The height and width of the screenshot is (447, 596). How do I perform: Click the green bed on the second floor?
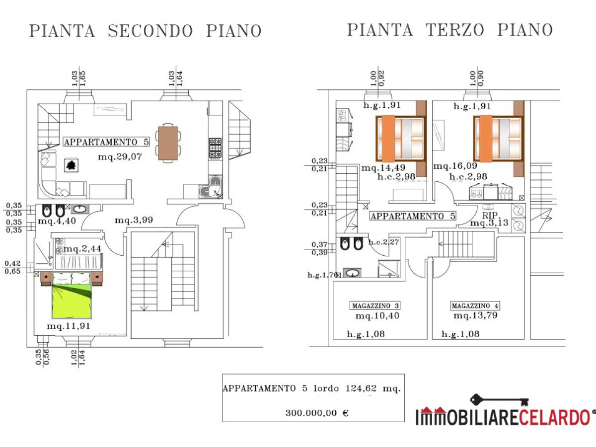coord(72,297)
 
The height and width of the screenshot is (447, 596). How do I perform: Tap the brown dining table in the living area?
coord(168,143)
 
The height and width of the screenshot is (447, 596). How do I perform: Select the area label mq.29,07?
coord(120,156)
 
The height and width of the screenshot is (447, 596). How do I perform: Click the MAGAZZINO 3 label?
coord(375,305)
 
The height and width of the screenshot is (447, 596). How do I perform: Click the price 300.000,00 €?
coord(317,413)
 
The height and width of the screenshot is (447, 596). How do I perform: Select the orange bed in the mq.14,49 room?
coord(401,139)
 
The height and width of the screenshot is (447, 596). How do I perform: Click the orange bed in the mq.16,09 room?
coord(498,139)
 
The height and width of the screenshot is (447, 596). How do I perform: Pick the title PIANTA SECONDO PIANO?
coord(145,31)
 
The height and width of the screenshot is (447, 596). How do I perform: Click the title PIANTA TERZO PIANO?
coord(449,30)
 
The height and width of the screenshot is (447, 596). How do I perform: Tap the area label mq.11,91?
coord(69,326)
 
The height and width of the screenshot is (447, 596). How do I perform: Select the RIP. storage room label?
coord(490,215)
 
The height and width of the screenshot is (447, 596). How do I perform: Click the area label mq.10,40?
coord(377,316)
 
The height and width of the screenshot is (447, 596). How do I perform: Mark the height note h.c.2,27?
coord(384,242)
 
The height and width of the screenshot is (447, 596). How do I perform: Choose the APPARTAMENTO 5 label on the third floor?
coord(413,216)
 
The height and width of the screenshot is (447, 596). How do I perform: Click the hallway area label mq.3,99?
coord(134,220)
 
